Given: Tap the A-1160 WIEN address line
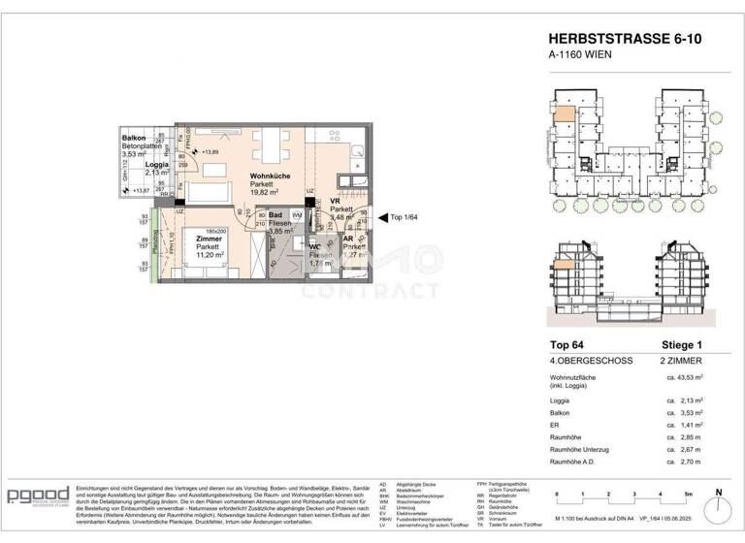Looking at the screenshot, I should coord(581,55).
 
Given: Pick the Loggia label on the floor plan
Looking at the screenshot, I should coord(158,165).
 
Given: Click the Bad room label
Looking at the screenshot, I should coord(275,215).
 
